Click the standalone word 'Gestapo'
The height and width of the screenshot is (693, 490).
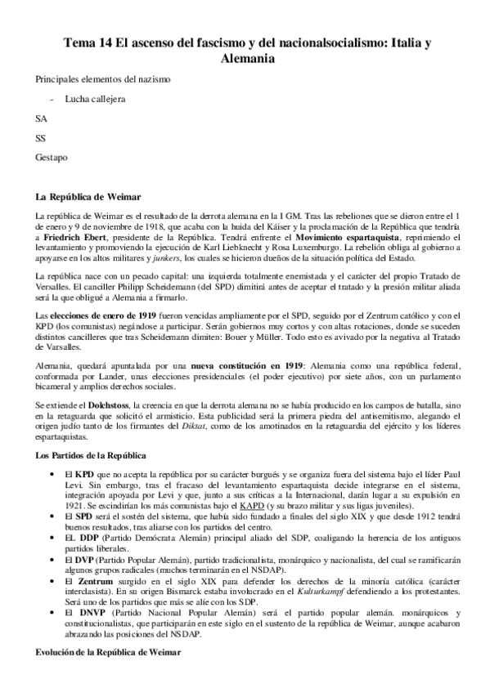point(52,157)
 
